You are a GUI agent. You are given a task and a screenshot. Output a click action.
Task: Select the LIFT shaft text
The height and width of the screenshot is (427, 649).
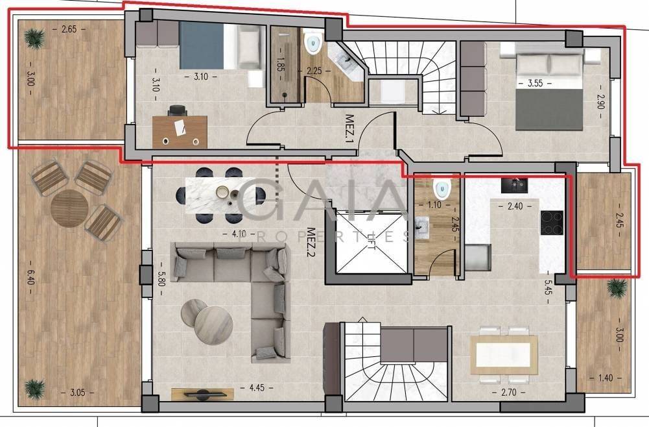point(372,242)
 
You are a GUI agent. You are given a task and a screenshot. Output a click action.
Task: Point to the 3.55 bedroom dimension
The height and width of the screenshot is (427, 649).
point(535,83)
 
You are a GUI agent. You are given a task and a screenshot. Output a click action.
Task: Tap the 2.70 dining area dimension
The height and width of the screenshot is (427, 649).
point(508,391)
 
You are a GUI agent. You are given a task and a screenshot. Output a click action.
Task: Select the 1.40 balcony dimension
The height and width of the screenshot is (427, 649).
point(605,378)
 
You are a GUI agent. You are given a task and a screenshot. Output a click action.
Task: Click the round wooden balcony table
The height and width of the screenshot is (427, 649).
point(69,208)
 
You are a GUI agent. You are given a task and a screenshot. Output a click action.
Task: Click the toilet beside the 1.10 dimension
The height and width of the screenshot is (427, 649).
point(442,189)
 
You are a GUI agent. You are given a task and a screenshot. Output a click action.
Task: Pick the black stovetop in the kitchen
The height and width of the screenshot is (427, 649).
point(552,223)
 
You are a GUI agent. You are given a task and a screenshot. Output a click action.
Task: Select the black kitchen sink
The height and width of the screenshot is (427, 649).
point(515,185)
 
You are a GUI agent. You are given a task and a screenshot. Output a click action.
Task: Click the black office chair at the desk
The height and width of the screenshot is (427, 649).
point(178,110)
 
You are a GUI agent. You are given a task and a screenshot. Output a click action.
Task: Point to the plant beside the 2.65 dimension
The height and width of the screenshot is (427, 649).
point(34,38)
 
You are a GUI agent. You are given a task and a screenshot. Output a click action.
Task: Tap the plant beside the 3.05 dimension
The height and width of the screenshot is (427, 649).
point(34,389)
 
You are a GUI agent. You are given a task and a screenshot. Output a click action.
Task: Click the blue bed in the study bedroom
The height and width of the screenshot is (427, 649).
point(202,45)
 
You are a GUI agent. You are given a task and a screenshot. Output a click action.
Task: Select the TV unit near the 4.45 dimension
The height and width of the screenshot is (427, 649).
point(202,395)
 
